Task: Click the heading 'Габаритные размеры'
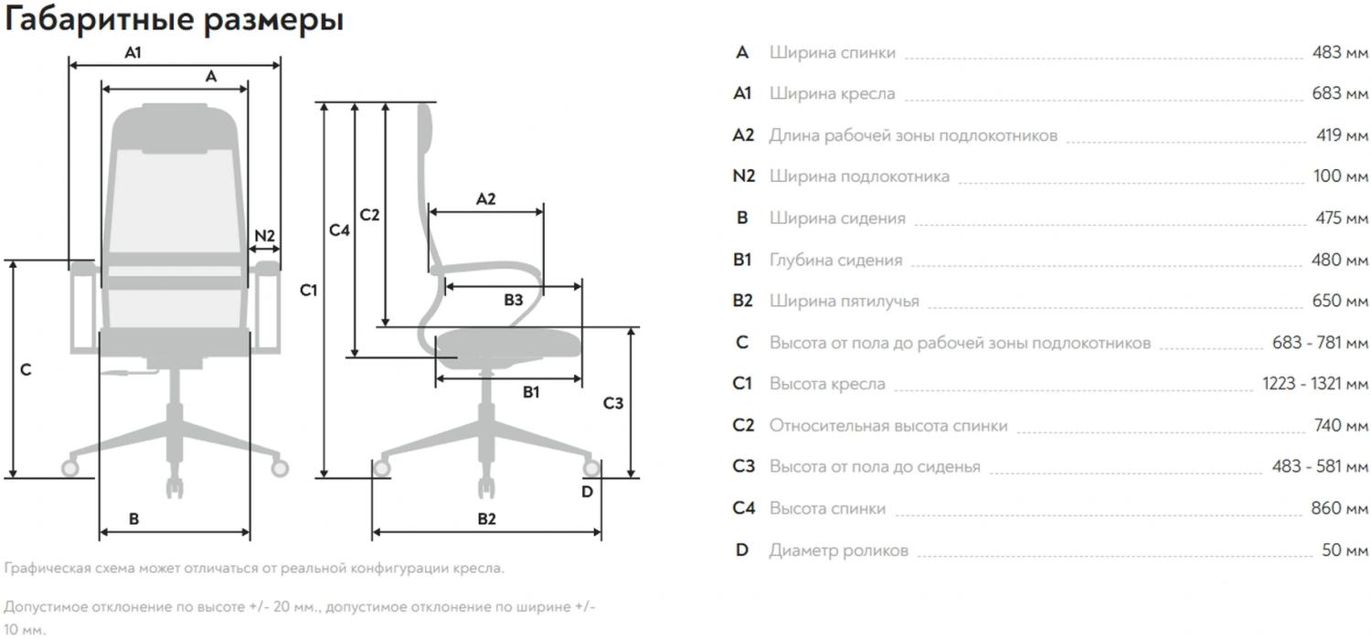[174, 19]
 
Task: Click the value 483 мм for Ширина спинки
[1340, 53]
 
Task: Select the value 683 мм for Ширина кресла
[1340, 94]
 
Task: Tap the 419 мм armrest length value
[1342, 135]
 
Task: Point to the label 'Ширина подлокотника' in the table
[859, 176]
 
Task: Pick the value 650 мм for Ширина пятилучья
[1340, 301]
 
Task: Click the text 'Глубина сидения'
[835, 261]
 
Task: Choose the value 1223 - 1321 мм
[1315, 384]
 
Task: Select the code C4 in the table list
[744, 508]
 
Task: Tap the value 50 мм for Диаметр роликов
[1344, 550]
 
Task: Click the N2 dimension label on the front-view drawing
[264, 236]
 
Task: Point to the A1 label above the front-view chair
[133, 53]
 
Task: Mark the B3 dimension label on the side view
[514, 299]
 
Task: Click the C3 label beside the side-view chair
[613, 403]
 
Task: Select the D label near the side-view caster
[587, 492]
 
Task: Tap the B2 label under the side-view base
[486, 519]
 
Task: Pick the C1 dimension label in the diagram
[308, 291]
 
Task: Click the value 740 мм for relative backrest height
[1340, 425]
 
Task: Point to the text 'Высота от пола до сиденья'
[875, 467]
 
